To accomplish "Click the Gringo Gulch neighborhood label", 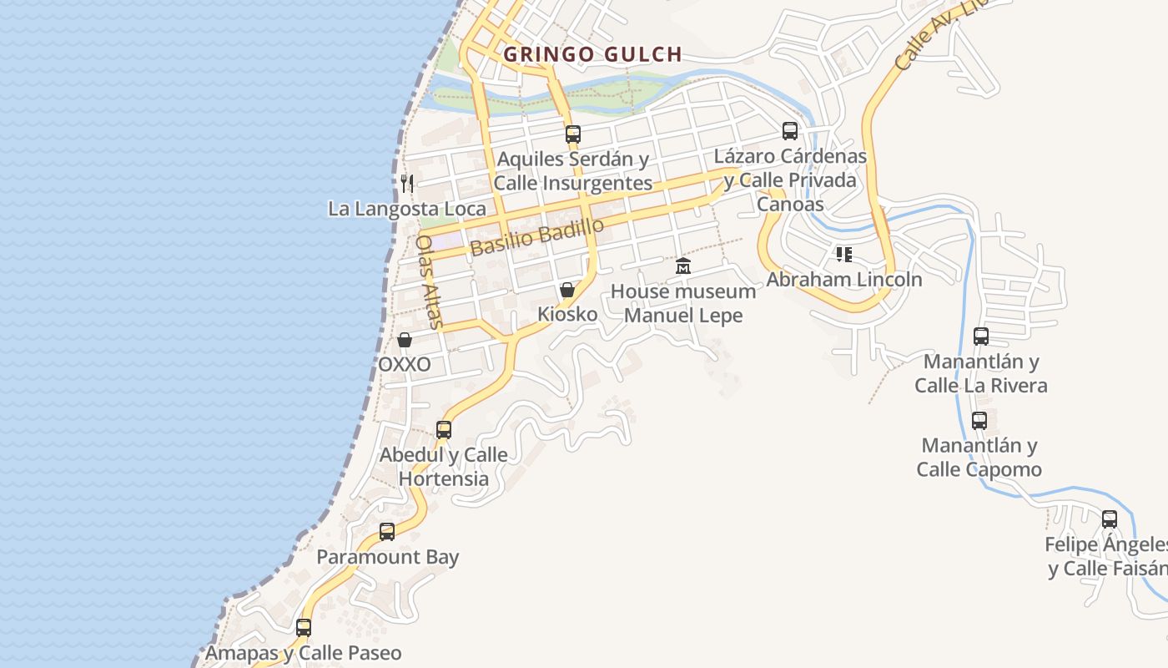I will tap(592, 55).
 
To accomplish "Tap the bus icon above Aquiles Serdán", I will tap(572, 134).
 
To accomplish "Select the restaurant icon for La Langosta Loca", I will tap(407, 184).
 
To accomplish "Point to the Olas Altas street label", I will tap(430, 280).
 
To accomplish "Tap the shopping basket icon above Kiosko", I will tap(567, 290).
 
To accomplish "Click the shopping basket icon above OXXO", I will tap(405, 340).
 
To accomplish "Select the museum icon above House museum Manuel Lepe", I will tap(683, 266).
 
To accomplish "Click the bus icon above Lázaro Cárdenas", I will tap(789, 131).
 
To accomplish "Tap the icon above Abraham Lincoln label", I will tap(843, 254).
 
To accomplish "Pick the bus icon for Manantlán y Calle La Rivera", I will tap(981, 337).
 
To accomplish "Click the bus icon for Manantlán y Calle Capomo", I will tap(979, 420).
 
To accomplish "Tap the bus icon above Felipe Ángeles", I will tap(1109, 519).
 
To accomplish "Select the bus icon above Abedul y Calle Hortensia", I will tap(444, 430).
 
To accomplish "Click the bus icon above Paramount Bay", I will tap(387, 532).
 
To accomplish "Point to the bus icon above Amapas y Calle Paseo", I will tap(304, 627).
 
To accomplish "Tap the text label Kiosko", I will tap(567, 315).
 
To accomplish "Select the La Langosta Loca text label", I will tap(406, 209).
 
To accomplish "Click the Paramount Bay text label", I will tap(387, 557).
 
